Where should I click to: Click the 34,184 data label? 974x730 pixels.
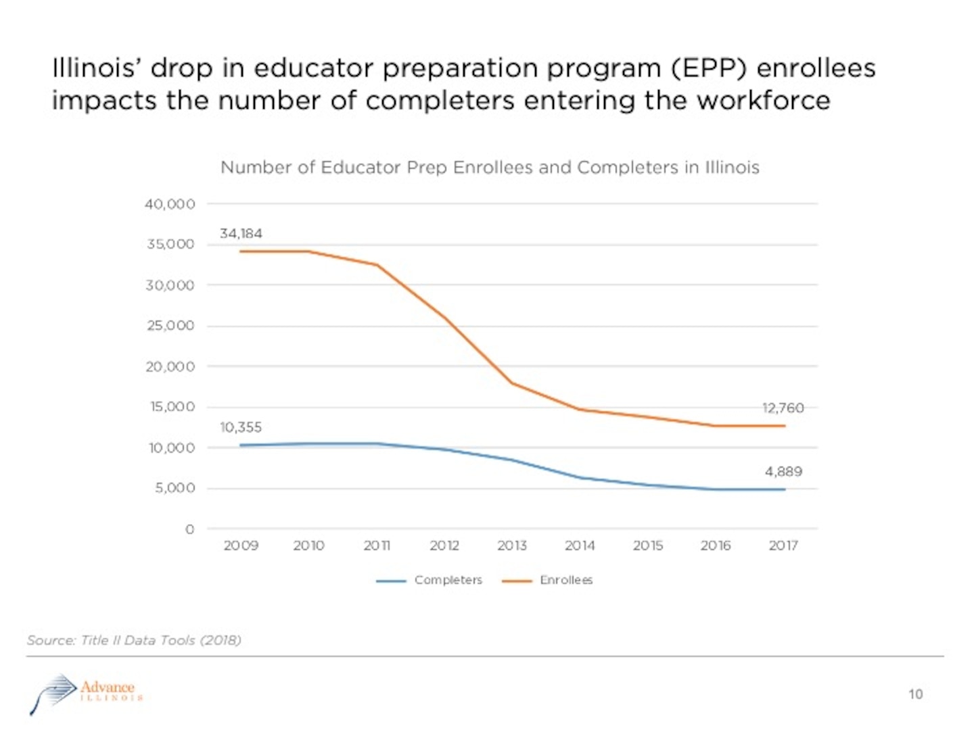pyautogui.click(x=241, y=234)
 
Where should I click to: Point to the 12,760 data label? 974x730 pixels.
pyautogui.click(x=783, y=408)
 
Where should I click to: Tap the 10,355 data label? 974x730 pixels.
pyautogui.click(x=241, y=428)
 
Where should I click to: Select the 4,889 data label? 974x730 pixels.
pyautogui.click(x=783, y=472)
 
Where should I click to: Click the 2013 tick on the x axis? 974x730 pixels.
pyautogui.click(x=512, y=545)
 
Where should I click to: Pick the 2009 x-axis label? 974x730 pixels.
pyautogui.click(x=241, y=545)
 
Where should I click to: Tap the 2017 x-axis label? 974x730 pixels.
pyautogui.click(x=783, y=545)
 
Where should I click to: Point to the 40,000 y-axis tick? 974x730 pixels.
pyautogui.click(x=170, y=204)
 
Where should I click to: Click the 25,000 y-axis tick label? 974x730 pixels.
pyautogui.click(x=170, y=326)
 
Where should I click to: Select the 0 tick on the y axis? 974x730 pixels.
pyautogui.click(x=190, y=529)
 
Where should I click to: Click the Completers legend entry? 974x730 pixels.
pyautogui.click(x=448, y=581)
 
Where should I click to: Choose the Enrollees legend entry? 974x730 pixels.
pyautogui.click(x=565, y=581)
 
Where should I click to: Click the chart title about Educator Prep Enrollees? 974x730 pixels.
pyautogui.click(x=490, y=168)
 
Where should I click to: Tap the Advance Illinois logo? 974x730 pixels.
pyautogui.click(x=87, y=692)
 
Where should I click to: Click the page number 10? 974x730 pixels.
pyautogui.click(x=915, y=694)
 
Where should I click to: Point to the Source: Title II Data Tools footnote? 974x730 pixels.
pyautogui.click(x=134, y=640)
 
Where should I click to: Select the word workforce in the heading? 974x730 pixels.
pyautogui.click(x=764, y=101)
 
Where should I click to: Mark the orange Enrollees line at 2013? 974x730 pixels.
pyautogui.click(x=512, y=383)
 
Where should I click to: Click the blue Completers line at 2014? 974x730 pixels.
pyautogui.click(x=580, y=478)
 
